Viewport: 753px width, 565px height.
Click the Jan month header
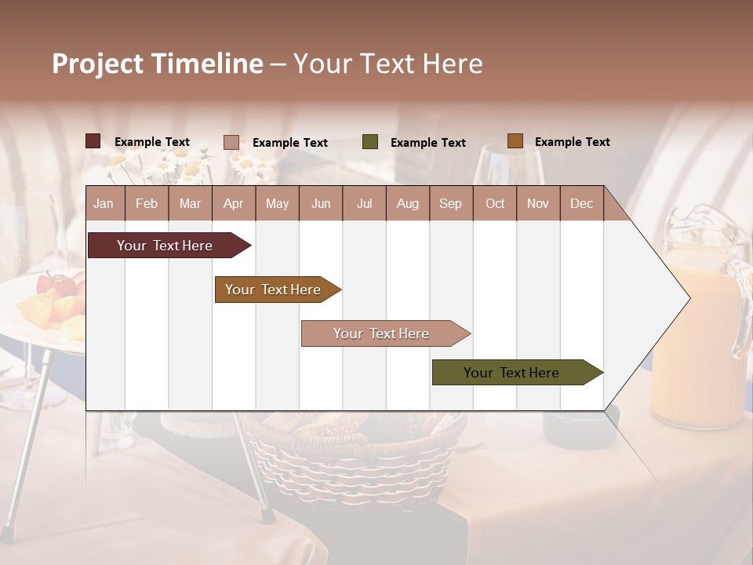(104, 204)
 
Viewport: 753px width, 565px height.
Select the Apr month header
(233, 204)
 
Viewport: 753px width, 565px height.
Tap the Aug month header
(407, 204)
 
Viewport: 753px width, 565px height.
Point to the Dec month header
(581, 204)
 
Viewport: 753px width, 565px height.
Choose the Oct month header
(494, 204)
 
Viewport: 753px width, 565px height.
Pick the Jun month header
(320, 204)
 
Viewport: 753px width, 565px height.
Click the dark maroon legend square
(93, 141)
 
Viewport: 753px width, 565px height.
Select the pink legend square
(231, 142)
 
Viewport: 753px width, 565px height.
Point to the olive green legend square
(370, 142)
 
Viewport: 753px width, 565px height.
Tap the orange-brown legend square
(515, 141)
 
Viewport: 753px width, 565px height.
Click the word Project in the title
(97, 64)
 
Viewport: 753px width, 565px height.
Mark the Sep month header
(450, 204)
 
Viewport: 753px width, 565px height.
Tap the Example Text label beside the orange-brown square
(572, 142)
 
